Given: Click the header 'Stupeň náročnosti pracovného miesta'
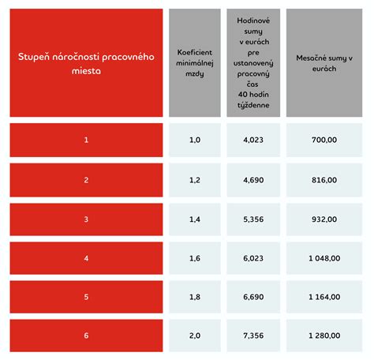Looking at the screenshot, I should [86, 63].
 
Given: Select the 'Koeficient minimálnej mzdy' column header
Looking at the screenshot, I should [194, 63].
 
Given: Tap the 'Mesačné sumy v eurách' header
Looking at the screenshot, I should [324, 63].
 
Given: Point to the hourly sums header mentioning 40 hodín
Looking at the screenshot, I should [253, 63].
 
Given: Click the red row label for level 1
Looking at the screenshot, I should [86, 140].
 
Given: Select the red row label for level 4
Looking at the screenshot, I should [86, 257].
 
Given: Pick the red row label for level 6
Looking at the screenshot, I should [86, 336].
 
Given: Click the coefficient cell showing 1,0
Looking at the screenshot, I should [194, 140].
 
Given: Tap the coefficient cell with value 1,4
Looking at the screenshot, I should [194, 219].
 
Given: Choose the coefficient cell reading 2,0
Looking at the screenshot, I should [194, 336].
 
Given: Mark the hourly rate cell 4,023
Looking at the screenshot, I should [253, 140].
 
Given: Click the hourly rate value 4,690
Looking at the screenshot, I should [253, 180].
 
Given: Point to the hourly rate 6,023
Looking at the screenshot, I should [253, 257].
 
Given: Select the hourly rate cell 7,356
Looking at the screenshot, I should [253, 336].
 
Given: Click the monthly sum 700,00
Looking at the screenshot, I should [324, 140].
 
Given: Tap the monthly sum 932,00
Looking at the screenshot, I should [324, 219].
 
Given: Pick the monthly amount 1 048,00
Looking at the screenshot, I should [324, 257].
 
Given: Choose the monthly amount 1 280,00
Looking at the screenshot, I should [324, 336].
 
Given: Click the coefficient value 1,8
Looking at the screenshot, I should [194, 297].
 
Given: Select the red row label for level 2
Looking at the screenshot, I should [86, 180].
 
